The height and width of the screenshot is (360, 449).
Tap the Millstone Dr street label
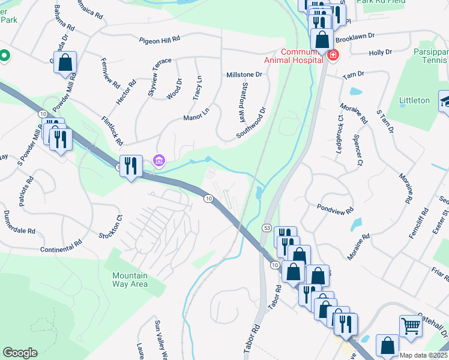click(244, 75)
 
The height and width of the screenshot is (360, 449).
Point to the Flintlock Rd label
click(112, 131)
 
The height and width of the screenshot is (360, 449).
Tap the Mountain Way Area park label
click(130, 280)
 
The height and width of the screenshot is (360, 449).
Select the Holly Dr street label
click(380, 53)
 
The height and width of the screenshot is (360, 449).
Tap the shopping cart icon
click(411, 326)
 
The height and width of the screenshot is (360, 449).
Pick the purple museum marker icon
click(159, 160)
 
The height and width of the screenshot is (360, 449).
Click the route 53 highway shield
click(268, 228)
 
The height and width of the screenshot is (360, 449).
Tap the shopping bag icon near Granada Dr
click(65, 62)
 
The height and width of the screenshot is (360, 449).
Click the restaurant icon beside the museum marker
click(131, 165)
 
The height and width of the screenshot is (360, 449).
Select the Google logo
click(20, 353)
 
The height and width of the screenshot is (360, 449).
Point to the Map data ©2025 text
click(423, 355)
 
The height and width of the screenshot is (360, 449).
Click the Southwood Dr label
click(251, 123)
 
